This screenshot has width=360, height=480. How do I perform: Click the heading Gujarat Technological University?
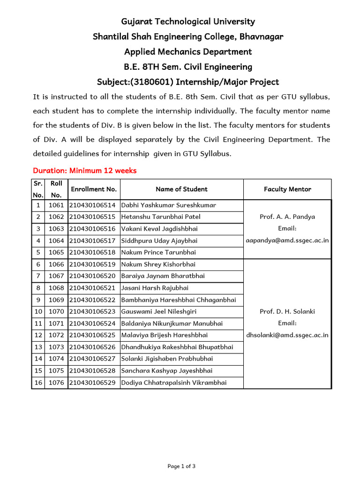tap(188, 22)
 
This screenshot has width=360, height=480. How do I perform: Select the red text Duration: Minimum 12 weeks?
tap(85, 171)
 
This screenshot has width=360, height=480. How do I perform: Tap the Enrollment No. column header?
tap(94, 189)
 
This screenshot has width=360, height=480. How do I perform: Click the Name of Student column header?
tap(181, 189)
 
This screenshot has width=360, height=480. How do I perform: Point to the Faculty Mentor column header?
tap(287, 189)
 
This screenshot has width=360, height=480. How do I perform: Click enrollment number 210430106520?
tap(94, 276)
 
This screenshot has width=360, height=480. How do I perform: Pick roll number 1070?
tap(56, 311)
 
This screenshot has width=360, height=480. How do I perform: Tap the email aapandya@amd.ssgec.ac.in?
tap(287, 240)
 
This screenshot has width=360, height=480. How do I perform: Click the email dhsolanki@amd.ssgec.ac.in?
tap(287, 335)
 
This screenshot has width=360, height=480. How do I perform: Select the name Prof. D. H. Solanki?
tap(287, 311)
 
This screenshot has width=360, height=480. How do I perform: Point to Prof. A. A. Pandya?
tap(287, 217)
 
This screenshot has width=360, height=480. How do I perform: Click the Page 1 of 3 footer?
tap(181, 466)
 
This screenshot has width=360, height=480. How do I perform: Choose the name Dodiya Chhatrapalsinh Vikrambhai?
tap(174, 382)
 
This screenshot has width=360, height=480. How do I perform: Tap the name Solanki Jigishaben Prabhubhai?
tap(167, 359)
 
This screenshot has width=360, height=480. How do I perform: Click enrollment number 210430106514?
tap(94, 205)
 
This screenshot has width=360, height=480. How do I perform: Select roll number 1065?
tap(56, 252)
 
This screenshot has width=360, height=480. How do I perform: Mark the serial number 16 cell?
tap(38, 382)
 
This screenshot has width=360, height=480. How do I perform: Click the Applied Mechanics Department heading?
tap(188, 52)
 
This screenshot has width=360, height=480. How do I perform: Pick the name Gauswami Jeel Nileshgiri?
tap(159, 311)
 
